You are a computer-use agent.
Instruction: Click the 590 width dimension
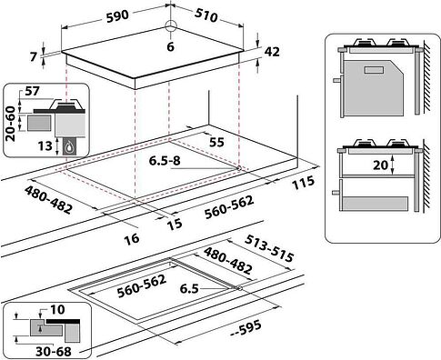117,15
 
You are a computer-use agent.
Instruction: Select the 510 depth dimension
206,15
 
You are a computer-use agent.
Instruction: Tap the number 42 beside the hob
272,52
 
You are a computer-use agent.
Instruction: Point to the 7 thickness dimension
34,57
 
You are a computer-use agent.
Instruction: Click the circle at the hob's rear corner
171,26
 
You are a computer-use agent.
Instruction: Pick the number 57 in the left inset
32,91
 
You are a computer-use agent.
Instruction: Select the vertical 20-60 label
11,124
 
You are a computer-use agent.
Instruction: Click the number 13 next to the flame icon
45,146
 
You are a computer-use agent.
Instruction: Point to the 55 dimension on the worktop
216,142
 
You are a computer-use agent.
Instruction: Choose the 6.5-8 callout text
165,161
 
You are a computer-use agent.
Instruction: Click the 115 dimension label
303,183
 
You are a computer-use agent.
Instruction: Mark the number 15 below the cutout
175,225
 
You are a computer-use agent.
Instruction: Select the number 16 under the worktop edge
132,238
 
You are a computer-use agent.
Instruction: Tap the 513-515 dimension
269,248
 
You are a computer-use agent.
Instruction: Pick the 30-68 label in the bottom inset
54,352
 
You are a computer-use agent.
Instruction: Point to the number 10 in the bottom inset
57,309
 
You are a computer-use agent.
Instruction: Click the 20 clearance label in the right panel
380,165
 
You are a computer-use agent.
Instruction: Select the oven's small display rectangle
375,70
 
